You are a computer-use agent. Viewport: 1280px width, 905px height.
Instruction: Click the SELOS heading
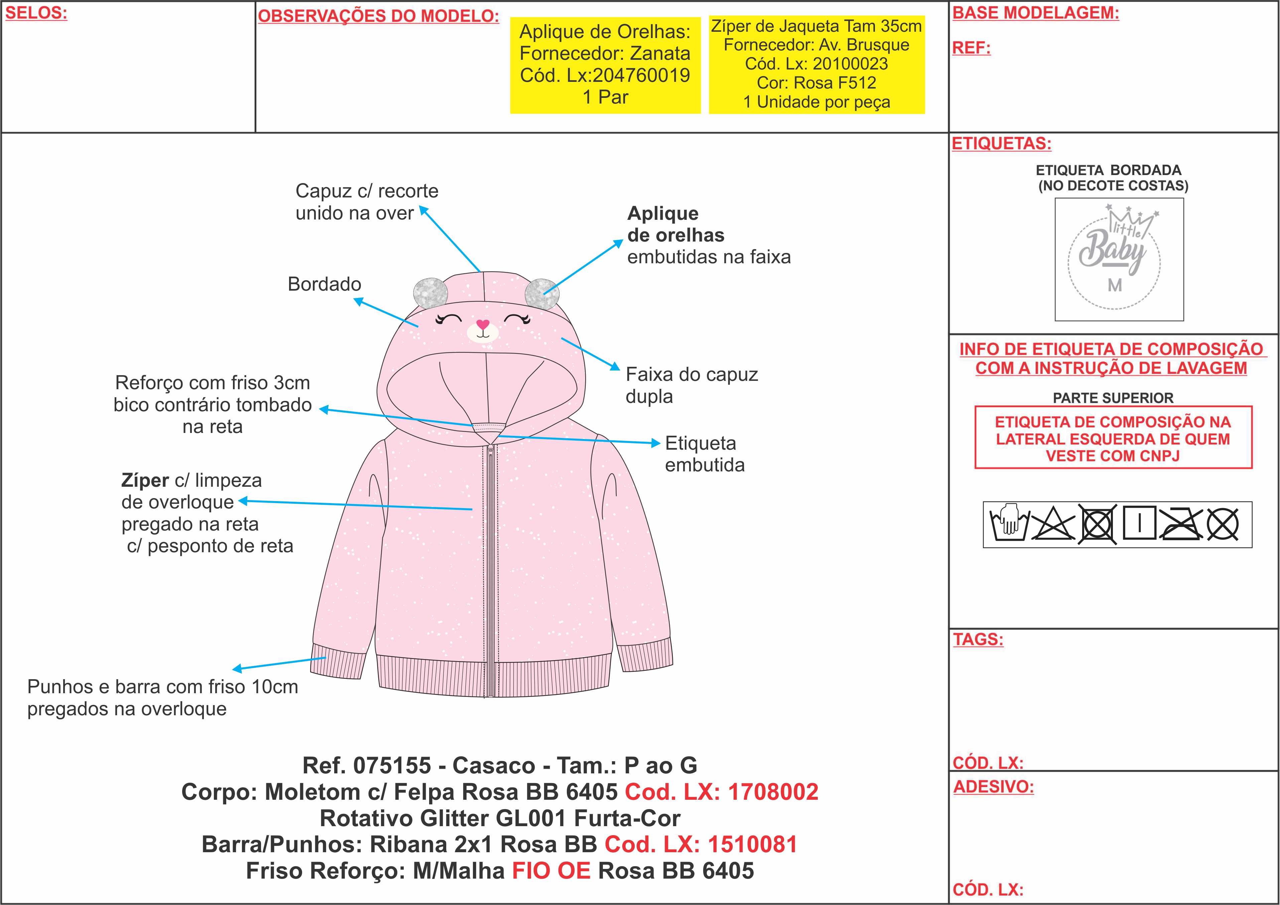click(x=36, y=13)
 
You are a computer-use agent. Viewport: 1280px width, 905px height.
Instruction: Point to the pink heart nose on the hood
click(x=483, y=324)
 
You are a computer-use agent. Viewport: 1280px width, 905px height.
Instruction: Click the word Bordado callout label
click(x=325, y=284)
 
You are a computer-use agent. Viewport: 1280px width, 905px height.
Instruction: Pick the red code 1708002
click(x=773, y=792)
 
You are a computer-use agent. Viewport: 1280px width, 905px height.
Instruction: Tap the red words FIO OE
click(x=551, y=871)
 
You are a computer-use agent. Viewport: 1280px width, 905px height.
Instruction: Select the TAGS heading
click(x=978, y=639)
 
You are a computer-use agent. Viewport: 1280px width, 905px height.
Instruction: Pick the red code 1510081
click(x=752, y=845)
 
